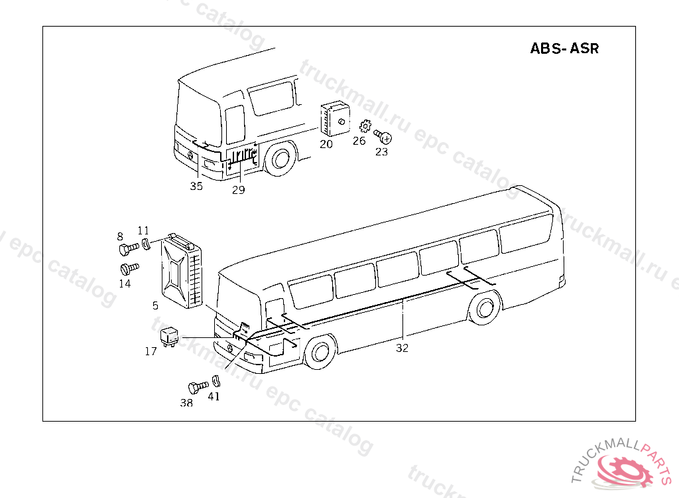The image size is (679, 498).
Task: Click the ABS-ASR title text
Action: pos(564,48)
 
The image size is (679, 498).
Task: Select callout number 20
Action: pos(326,143)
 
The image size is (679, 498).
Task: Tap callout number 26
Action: pos(359,141)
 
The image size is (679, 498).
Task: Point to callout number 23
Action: pos(381,151)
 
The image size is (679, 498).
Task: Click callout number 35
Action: pos(196,186)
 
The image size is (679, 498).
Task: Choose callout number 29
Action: pos(238,190)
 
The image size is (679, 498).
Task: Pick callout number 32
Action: pos(402,347)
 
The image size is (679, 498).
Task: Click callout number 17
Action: pos(151,351)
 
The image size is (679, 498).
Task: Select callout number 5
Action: pos(155,306)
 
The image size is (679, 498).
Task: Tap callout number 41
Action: pos(214,396)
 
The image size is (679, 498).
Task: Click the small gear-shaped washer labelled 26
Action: pos(364,126)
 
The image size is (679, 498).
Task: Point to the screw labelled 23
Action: pos(384,136)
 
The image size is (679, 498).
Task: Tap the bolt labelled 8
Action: pos(127,249)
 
